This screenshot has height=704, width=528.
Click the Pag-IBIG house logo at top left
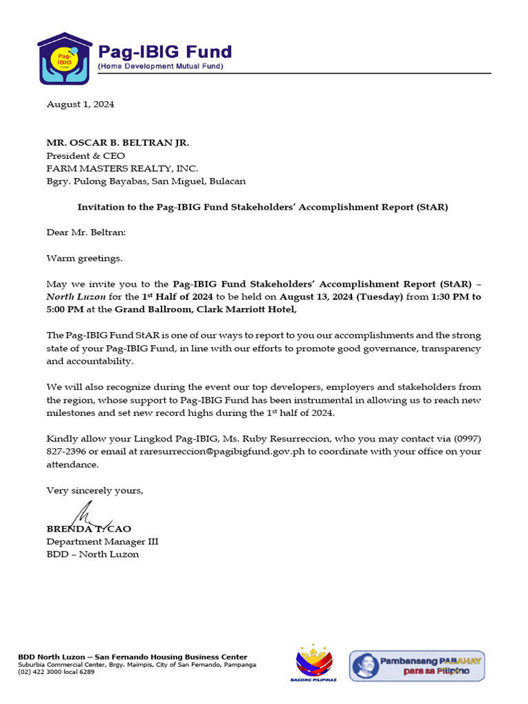click(64, 58)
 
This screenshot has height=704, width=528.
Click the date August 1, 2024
click(80, 104)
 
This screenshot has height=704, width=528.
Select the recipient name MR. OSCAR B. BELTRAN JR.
click(117, 143)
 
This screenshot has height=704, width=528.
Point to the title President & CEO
click(85, 156)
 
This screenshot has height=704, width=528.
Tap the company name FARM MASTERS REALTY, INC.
click(122, 168)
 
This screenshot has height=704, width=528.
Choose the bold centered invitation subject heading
click(263, 207)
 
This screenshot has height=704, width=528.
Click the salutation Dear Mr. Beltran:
click(87, 232)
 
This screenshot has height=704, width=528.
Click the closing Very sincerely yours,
click(95, 490)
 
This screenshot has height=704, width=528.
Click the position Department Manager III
click(102, 542)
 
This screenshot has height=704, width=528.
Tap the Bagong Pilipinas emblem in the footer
click(315, 663)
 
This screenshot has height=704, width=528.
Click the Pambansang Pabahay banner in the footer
click(417, 665)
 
